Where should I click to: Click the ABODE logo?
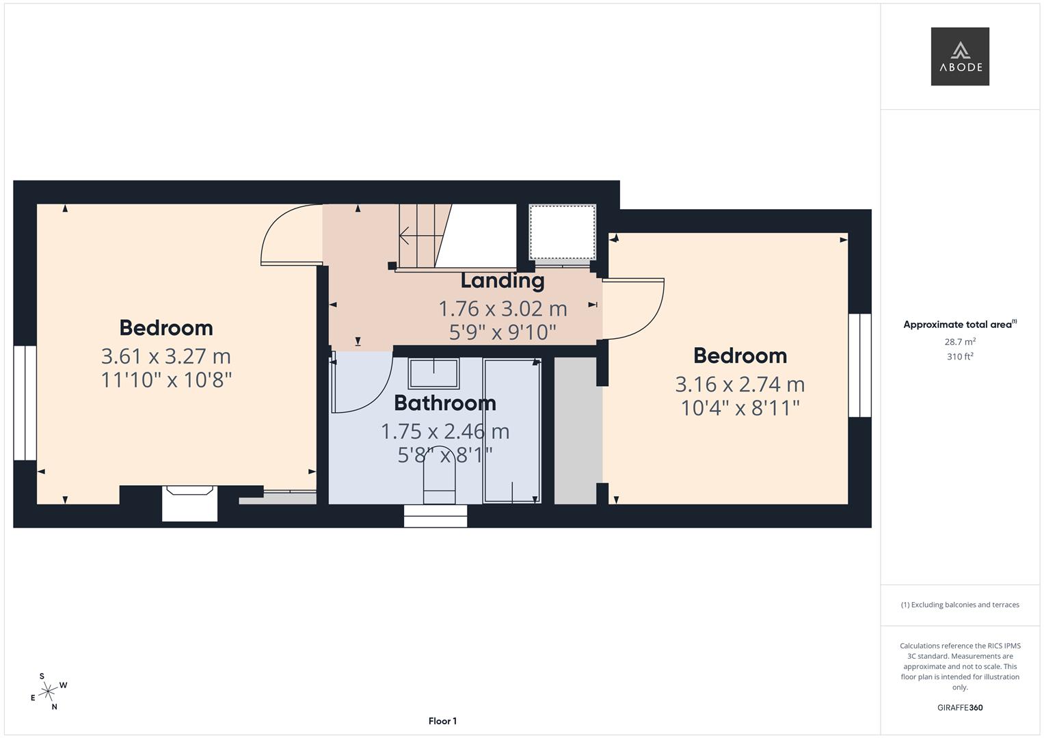click(960, 57)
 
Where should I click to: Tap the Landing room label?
click(503, 280)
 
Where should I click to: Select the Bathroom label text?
click(445, 403)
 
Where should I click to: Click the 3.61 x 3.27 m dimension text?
click(166, 356)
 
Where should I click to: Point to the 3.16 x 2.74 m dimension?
click(740, 384)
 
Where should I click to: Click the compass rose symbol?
click(48, 692)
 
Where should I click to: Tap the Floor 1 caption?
click(442, 721)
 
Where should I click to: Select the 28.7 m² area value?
click(960, 342)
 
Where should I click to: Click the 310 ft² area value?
click(960, 356)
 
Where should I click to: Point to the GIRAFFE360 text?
click(960, 707)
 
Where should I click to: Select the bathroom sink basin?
click(433, 373)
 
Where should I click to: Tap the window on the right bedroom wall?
click(859, 365)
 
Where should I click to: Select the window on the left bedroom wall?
click(25, 402)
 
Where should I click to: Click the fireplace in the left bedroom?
click(189, 504)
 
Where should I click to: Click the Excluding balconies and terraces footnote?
click(960, 605)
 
